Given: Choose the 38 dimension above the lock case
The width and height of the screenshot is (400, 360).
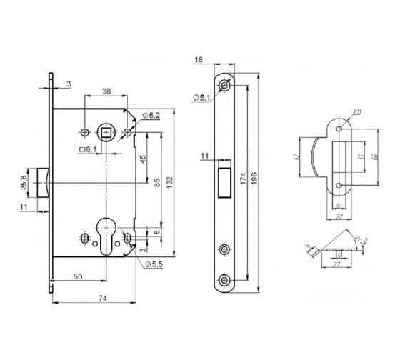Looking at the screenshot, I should [106, 92].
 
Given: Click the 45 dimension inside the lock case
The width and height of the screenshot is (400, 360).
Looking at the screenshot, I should [143, 159].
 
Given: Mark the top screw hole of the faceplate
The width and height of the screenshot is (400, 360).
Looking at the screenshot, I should [225, 86].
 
